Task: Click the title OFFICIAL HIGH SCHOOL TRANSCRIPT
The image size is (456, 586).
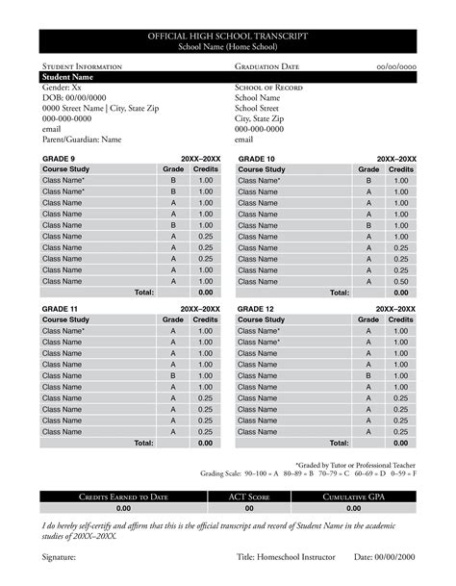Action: click(x=227, y=35)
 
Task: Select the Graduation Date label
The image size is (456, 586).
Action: click(x=267, y=66)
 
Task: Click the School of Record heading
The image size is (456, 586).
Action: click(x=270, y=87)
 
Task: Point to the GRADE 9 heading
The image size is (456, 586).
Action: click(x=60, y=158)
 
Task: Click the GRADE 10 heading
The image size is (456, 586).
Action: click(x=257, y=158)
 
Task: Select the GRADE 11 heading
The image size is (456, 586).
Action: click(x=60, y=309)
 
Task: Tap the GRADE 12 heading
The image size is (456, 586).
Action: click(x=257, y=309)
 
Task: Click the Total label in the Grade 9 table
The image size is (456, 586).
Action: click(x=143, y=292)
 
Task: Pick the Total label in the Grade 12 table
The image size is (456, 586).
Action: click(x=339, y=443)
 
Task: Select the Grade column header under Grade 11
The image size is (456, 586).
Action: click(x=173, y=319)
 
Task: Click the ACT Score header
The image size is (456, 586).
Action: click(x=249, y=497)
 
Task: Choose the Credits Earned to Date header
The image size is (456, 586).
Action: click(x=123, y=497)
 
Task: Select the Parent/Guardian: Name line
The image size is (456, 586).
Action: click(x=82, y=139)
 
